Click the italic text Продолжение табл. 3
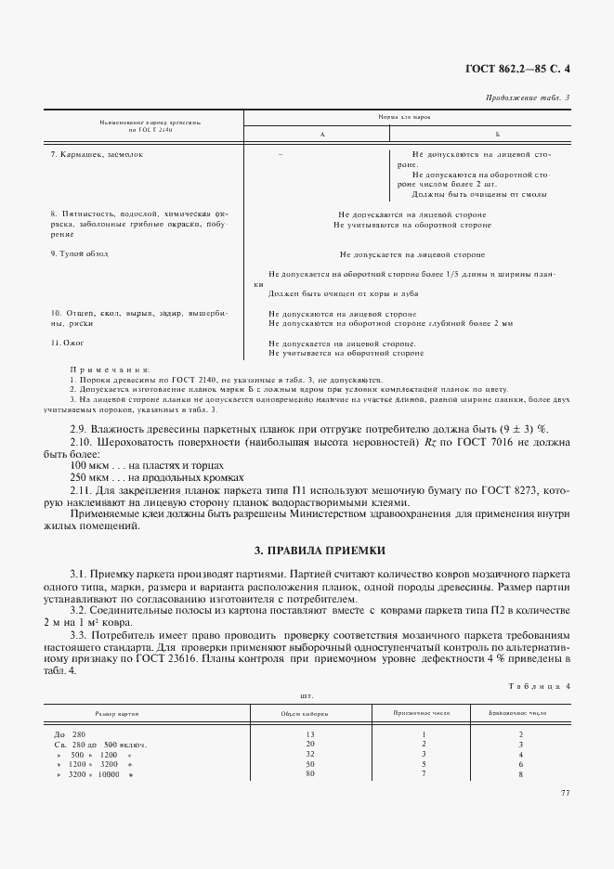[528, 97]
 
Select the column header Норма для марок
[405, 118]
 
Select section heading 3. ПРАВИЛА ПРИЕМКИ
[307, 551]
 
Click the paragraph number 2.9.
[81, 428]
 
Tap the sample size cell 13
[310, 734]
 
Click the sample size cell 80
[310, 773]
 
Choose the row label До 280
[71, 734]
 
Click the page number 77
[566, 793]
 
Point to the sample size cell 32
[310, 754]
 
